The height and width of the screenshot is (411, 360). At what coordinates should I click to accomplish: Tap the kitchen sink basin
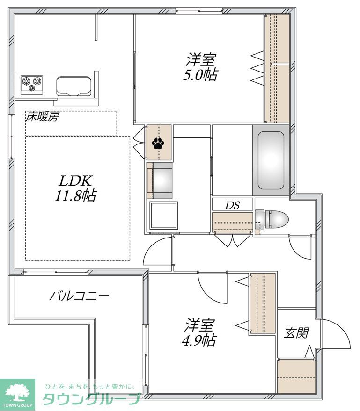pos(73,86)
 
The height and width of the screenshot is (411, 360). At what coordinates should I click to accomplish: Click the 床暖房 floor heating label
pos(42,117)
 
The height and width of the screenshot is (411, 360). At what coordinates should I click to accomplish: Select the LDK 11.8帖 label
pos(76,188)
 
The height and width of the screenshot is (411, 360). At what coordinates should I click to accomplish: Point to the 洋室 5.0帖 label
pos(200,68)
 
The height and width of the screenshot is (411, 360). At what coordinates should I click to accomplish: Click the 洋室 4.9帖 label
pos(199,332)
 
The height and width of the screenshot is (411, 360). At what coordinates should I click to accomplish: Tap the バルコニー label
pos(80,296)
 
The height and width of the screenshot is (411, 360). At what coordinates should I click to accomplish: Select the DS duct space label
pos(233,205)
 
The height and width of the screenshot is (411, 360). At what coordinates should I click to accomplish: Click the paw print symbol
pos(158,143)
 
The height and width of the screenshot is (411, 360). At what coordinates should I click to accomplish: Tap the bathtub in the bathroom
pos(272,159)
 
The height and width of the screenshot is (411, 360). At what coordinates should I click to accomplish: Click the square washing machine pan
pos(163,215)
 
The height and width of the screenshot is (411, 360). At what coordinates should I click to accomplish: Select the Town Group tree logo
pos(17,392)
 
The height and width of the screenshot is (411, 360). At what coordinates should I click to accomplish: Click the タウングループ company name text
pos(92,399)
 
